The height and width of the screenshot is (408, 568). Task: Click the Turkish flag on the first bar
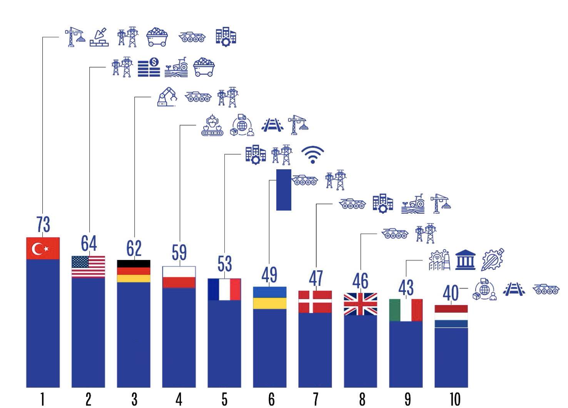(x=43, y=248)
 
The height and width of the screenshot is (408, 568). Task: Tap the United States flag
(x=88, y=266)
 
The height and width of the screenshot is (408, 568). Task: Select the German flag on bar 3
(x=134, y=271)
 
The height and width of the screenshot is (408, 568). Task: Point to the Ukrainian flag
(x=269, y=298)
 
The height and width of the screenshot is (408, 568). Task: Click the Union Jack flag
(x=360, y=304)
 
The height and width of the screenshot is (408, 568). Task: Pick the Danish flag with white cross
(x=315, y=302)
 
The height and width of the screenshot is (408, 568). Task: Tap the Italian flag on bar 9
(x=406, y=310)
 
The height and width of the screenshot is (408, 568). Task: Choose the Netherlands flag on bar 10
(x=451, y=316)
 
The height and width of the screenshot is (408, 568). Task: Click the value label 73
(x=43, y=224)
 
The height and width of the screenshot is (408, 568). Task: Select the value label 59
(x=179, y=253)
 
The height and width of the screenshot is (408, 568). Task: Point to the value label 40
(x=451, y=293)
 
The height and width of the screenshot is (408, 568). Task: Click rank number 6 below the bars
(x=271, y=399)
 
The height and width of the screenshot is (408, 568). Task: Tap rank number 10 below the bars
(x=454, y=399)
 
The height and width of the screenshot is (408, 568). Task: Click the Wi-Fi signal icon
(x=312, y=155)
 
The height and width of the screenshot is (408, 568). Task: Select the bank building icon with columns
(x=465, y=260)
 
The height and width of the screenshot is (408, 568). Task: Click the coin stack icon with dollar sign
(x=149, y=67)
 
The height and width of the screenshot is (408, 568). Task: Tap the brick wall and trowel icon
(x=99, y=37)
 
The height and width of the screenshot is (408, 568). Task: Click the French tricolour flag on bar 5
(x=224, y=289)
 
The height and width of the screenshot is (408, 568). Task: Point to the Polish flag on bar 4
(x=179, y=277)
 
